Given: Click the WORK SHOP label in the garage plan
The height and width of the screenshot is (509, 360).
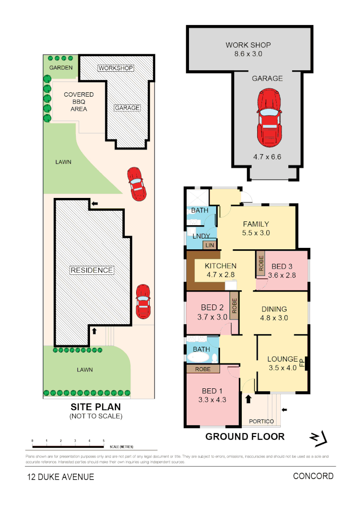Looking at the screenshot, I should click(x=248, y=45).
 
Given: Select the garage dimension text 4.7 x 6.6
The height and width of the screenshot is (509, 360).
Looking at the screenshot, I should click(x=267, y=157).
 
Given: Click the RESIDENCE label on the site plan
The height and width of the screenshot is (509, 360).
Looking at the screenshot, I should click(x=92, y=270).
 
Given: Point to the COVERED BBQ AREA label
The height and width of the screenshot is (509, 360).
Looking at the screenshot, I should click(x=79, y=101).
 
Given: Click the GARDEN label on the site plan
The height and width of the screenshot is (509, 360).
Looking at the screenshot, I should click(x=61, y=68).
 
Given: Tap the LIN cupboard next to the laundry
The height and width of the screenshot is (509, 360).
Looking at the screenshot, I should click(x=209, y=245).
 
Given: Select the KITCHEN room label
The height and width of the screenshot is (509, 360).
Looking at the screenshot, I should click(x=221, y=266).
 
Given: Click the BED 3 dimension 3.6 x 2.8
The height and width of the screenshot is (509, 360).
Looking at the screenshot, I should click(x=282, y=275).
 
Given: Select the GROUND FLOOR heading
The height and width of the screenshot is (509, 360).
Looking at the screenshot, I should click(x=245, y=436).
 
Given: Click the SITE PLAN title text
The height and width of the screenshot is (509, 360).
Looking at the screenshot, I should click(x=96, y=407).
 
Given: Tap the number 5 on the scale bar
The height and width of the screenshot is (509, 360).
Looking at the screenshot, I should click(x=103, y=440).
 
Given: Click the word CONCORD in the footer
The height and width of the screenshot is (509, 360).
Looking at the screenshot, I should click(x=313, y=476).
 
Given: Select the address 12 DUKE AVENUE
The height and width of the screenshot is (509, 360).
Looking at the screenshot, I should click(x=60, y=476).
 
